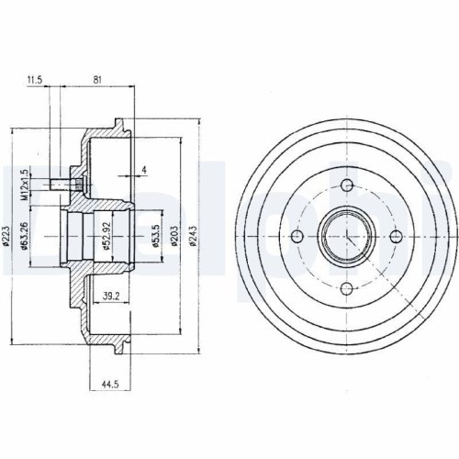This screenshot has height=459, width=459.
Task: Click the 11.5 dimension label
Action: (36, 81)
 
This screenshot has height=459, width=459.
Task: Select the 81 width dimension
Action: (96, 81)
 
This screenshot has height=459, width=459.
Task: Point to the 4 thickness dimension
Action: (144, 169)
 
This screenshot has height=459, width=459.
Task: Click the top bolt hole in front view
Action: (347, 187)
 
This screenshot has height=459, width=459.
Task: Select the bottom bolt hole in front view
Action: (347, 290)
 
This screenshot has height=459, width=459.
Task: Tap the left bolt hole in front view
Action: (297, 238)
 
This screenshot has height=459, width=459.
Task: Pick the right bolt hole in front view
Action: (397, 238)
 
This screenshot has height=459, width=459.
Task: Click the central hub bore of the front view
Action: (347, 238)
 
